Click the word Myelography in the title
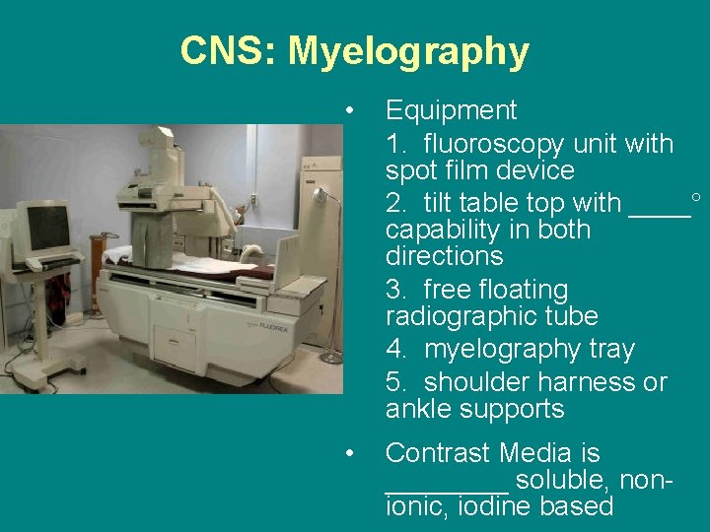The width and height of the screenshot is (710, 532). (x=408, y=51)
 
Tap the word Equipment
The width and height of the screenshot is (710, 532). (x=451, y=110)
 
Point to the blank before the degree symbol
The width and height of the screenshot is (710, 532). (x=660, y=205)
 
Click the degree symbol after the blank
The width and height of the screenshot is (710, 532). (x=696, y=198)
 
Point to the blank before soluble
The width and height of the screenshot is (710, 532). (x=446, y=481)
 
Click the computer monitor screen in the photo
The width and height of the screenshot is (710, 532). (x=45, y=226)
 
